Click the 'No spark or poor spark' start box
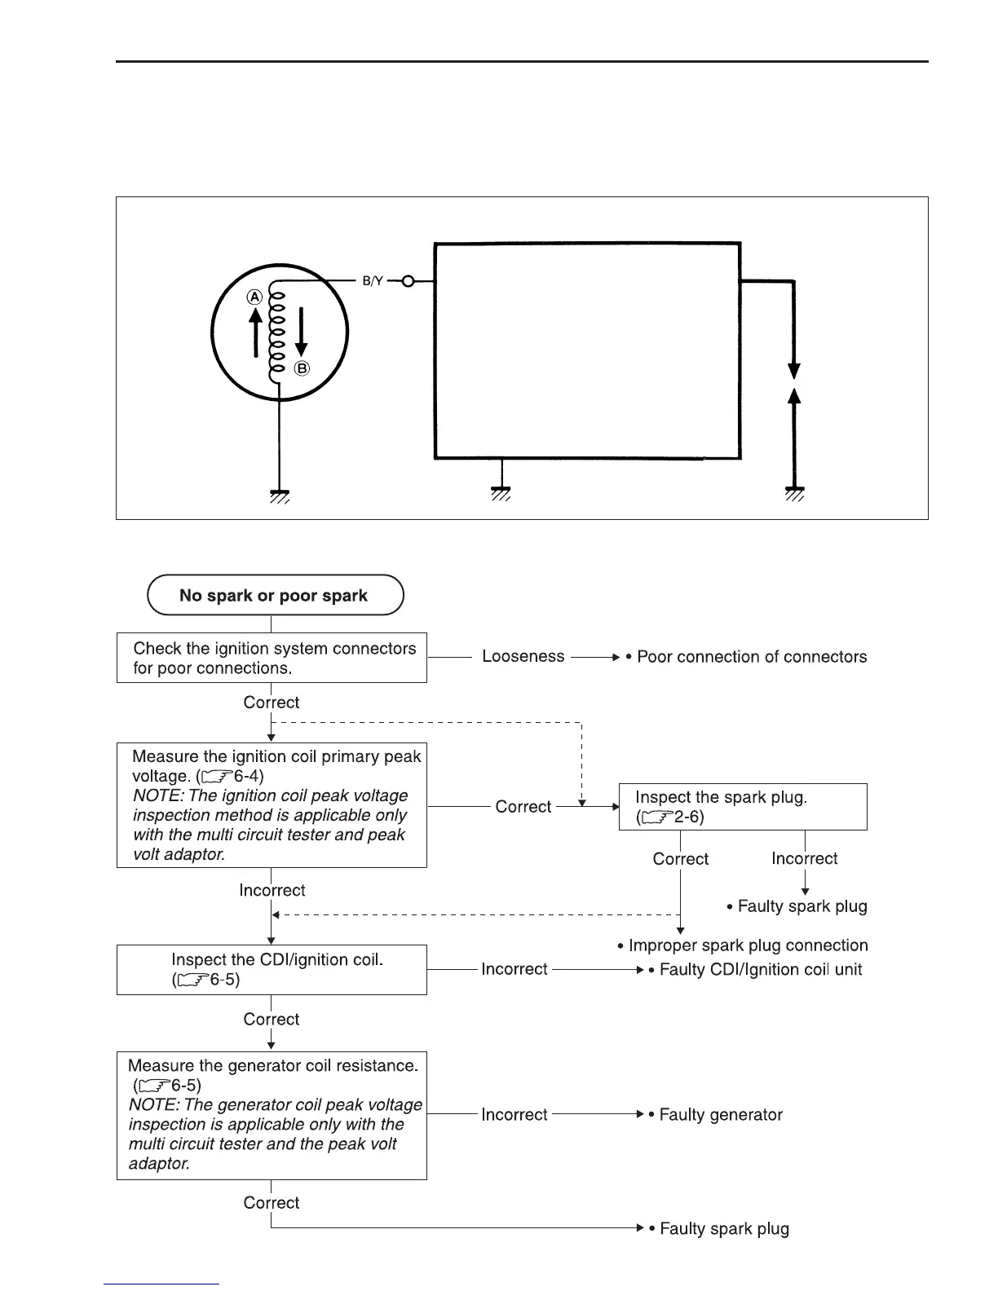pyautogui.click(x=275, y=596)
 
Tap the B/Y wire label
pyautogui.click(x=373, y=282)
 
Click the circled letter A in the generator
pyautogui.click(x=255, y=297)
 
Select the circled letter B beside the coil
pyautogui.click(x=302, y=368)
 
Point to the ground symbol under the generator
pyautogui.click(x=280, y=495)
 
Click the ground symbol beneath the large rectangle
pyautogui.click(x=501, y=495)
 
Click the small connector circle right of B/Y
pyautogui.click(x=408, y=282)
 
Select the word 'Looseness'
pyautogui.click(x=523, y=656)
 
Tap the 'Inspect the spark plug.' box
pyautogui.click(x=743, y=807)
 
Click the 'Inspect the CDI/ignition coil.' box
pyautogui.click(x=272, y=969)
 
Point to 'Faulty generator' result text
pyautogui.click(x=720, y=1114)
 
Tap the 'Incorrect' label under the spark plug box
pyautogui.click(x=804, y=858)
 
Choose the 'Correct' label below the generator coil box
pyautogui.click(x=272, y=1202)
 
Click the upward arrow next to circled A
pyautogui.click(x=255, y=335)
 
